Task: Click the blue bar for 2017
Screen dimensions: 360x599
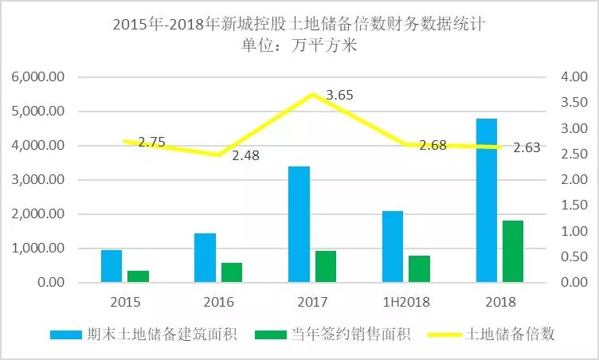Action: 299,224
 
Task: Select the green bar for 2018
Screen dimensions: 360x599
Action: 513,251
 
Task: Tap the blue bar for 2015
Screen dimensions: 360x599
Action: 112,266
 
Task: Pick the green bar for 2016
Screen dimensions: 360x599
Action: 231,272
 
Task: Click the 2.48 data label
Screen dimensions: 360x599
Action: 246,155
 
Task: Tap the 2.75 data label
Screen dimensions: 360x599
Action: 151,142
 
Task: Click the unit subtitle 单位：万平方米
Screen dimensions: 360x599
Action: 299,45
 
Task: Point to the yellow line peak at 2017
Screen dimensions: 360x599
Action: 312,95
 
